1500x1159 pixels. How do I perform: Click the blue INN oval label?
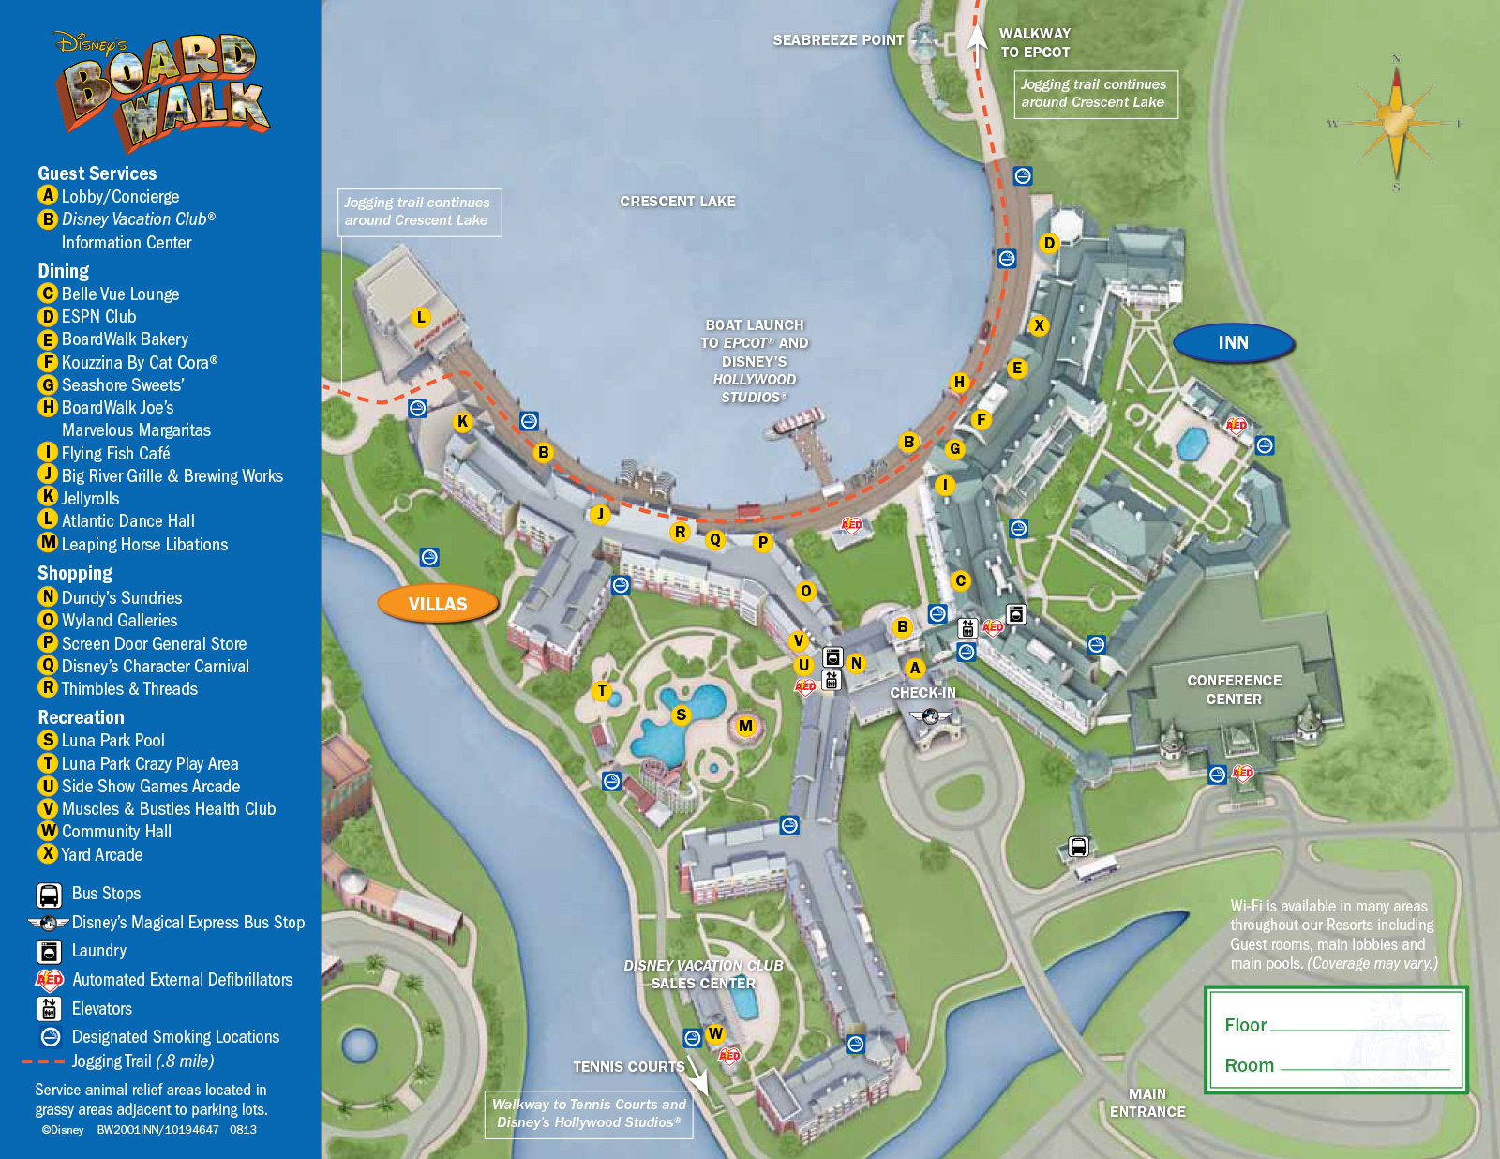1233,343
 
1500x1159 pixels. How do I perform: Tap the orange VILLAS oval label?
438,604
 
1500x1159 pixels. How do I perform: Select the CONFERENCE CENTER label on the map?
1234,690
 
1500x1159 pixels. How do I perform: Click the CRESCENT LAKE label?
677,202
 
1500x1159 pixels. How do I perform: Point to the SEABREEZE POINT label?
838,40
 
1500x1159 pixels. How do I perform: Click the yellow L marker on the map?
421,317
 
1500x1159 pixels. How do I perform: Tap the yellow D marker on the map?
1049,243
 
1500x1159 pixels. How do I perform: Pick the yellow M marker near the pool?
745,726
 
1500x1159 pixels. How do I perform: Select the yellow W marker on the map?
715,1033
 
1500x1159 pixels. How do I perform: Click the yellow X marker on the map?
1039,325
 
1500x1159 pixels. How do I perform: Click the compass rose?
1396,123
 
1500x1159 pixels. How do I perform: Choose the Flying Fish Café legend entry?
114,453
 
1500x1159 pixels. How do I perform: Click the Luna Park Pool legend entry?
112,741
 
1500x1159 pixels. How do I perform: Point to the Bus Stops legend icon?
50,894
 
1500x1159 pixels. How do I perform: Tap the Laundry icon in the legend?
50,951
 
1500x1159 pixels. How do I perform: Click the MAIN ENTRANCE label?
1147,1103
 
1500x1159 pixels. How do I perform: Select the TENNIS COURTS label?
628,1067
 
